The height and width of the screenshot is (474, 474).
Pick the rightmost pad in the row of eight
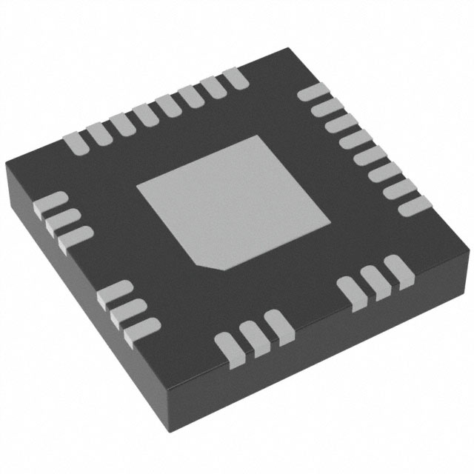point(236,76)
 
